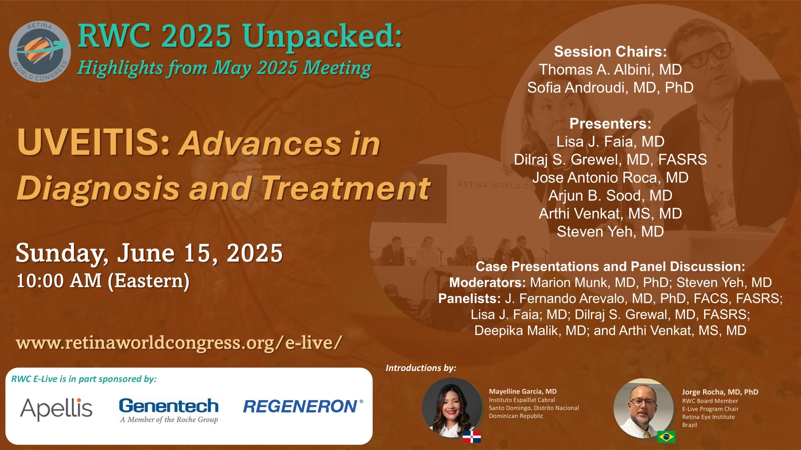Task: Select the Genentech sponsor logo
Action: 169,411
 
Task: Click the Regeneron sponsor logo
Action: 303,406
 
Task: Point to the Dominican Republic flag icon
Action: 472,437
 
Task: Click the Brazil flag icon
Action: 666,437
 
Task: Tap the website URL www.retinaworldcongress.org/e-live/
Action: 179,343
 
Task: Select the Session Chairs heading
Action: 610,52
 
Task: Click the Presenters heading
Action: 610,124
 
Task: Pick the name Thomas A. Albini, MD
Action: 610,69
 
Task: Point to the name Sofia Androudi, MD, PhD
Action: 610,87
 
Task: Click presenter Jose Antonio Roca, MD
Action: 610,177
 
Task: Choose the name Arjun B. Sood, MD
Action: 610,196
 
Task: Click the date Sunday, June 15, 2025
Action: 149,253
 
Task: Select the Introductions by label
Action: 421,368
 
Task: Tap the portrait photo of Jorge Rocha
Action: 644,408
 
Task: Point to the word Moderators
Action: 487,282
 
